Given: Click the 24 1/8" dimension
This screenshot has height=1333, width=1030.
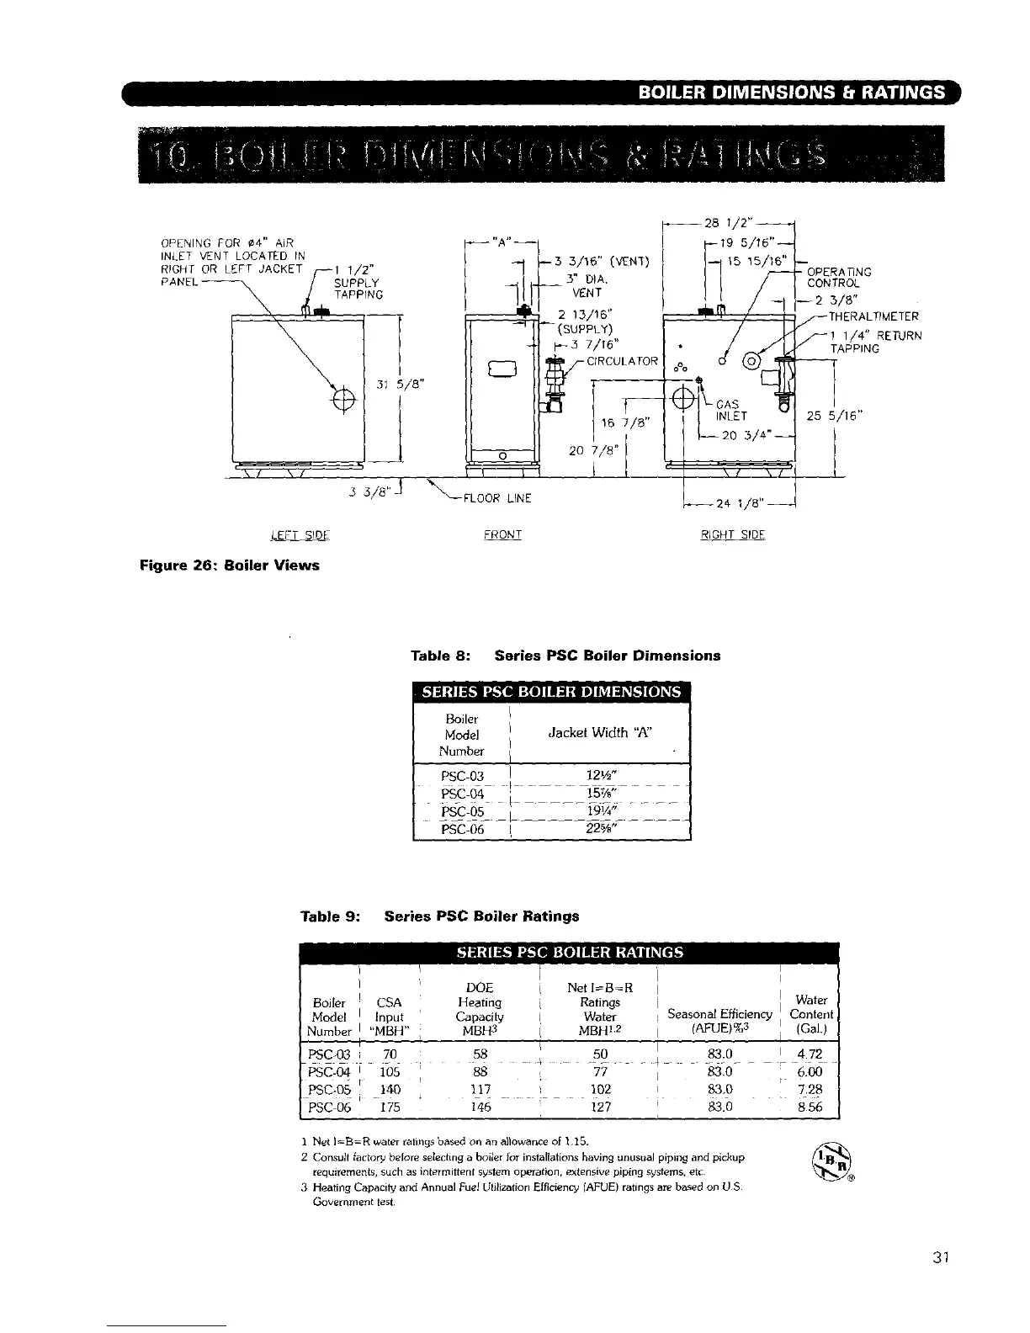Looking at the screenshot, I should click(739, 505).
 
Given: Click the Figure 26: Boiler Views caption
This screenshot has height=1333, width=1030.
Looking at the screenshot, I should click(230, 565).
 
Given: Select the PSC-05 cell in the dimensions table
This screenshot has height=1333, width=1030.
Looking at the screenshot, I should click(462, 813).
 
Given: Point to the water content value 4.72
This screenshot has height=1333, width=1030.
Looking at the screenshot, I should click(809, 1054).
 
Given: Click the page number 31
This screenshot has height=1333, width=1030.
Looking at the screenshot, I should click(941, 1258).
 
